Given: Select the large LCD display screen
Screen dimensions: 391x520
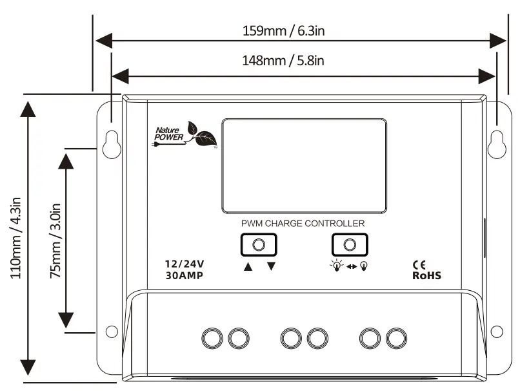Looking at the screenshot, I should [305, 165].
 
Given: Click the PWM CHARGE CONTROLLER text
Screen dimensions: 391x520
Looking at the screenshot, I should [303, 223].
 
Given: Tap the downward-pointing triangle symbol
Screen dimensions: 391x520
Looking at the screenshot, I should [271, 266].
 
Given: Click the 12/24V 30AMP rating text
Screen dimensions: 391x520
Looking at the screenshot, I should [185, 269].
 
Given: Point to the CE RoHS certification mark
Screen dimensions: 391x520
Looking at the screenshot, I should [426, 269].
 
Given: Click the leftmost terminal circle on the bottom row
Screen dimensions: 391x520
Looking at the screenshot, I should [212, 337].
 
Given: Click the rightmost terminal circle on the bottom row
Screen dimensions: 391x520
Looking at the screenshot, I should [395, 337].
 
